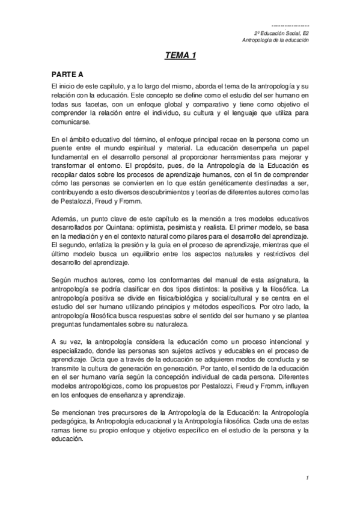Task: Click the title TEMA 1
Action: (x=180, y=57)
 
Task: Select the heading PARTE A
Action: (x=67, y=74)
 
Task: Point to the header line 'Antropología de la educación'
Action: (x=275, y=40)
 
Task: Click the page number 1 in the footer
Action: (x=307, y=478)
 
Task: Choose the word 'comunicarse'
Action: (x=70, y=121)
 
